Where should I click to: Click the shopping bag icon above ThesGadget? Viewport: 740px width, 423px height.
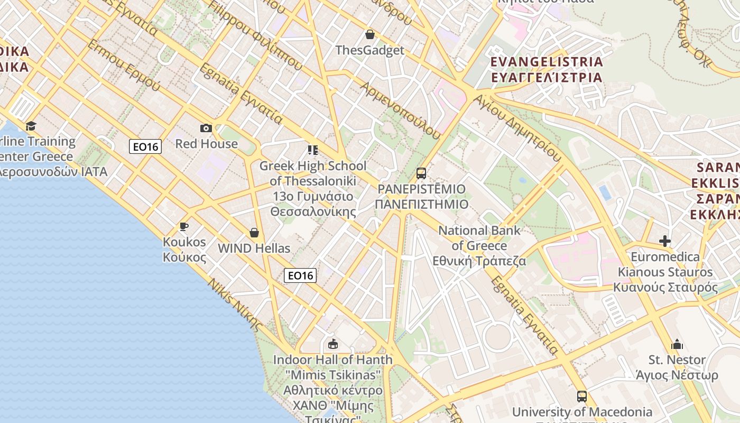coord(370,35)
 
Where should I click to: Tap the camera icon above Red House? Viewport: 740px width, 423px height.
coord(206,128)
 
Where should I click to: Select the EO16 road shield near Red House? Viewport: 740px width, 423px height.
coord(145,146)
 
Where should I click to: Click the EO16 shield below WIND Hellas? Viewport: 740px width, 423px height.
coord(300,275)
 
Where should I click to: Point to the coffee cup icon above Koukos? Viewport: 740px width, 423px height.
coord(183,227)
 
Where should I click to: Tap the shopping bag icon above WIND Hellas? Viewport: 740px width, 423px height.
coord(254,233)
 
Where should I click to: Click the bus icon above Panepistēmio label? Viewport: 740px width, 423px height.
coord(421,173)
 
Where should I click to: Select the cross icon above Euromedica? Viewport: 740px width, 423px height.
coord(665,241)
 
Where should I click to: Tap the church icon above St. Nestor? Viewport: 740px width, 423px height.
coord(677,345)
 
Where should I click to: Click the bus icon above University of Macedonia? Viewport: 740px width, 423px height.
coord(582,396)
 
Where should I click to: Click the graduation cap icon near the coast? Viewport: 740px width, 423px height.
coord(31,126)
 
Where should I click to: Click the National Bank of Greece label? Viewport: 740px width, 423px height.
coord(479,245)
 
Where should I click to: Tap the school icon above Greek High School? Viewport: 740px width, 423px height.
coord(313,150)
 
